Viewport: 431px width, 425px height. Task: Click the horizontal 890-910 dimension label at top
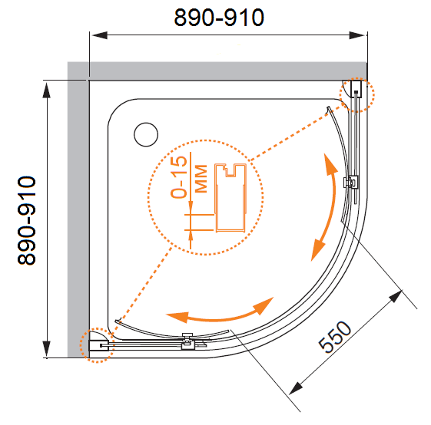pyautogui.click(x=219, y=18)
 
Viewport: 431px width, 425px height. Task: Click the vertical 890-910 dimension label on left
pyautogui.click(x=27, y=220)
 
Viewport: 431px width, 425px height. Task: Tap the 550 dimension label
pyautogui.click(x=334, y=337)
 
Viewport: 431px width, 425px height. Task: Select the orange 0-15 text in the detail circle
pyautogui.click(x=179, y=177)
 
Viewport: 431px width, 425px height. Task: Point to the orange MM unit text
pyautogui.click(x=201, y=179)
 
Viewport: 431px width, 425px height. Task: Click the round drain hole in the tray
pyautogui.click(x=146, y=134)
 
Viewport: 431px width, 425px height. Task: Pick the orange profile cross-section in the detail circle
pyautogui.click(x=230, y=198)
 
